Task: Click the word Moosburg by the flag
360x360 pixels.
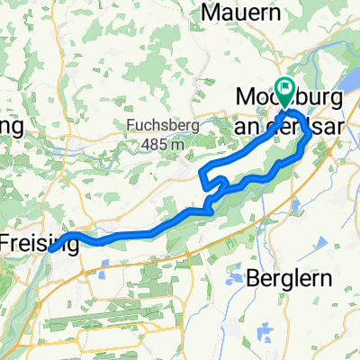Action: tap(263, 95)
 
